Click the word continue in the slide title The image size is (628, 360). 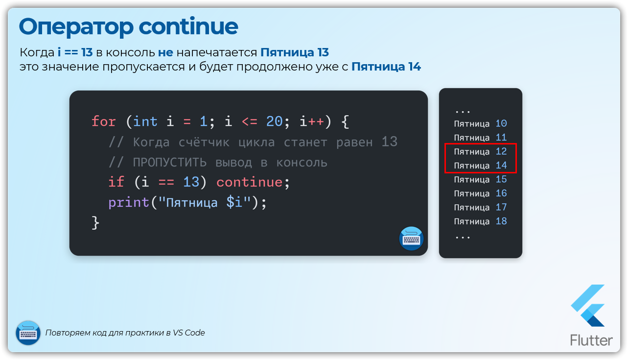tap(188, 26)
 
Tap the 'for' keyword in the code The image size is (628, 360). tap(103, 121)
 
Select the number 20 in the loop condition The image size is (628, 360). tap(274, 121)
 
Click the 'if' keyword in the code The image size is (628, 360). tap(116, 182)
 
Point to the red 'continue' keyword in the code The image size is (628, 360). tap(250, 182)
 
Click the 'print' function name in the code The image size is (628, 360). tap(129, 203)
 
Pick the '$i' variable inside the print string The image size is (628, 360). tap(234, 202)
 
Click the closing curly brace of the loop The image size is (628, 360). tap(95, 223)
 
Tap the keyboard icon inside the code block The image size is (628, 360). tap(411, 239)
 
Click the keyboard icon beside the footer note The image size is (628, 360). tap(28, 333)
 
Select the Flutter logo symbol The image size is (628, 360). tap(588, 306)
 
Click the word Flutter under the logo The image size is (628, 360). tap(591, 340)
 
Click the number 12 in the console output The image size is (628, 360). tap(501, 151)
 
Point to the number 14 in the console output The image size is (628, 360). tap(501, 165)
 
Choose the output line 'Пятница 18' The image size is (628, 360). tap(480, 221)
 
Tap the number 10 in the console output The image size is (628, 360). tap(501, 123)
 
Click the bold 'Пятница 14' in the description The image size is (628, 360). tap(386, 67)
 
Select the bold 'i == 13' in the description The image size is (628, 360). tap(75, 52)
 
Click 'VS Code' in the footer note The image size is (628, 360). tap(188, 333)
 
